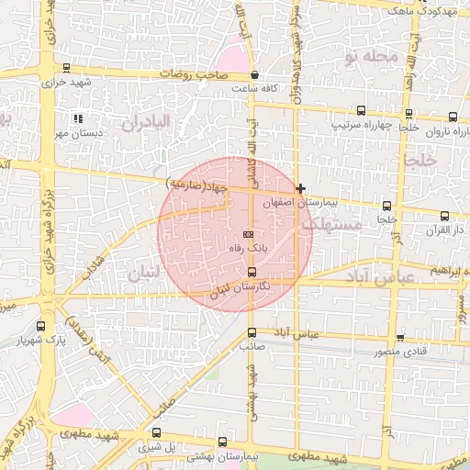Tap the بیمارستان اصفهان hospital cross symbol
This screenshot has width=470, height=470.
click(300, 188)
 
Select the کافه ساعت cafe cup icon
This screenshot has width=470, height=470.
click(253, 75)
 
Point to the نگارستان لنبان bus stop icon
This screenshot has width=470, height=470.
click(252, 273)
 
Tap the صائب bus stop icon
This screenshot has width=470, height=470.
click(252, 332)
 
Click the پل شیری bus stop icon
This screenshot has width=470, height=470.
click(157, 432)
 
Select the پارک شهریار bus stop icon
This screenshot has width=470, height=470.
click(40, 325)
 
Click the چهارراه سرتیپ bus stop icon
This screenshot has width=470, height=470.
click(361, 110)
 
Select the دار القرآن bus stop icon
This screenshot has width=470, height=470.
click(445, 216)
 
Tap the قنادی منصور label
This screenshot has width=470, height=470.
click(401, 352)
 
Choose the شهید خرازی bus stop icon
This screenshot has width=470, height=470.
click(66, 68)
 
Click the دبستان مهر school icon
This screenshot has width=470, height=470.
click(78, 118)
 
